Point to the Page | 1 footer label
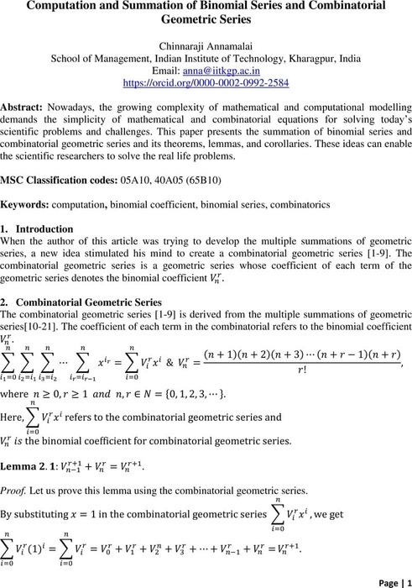(384, 579)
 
